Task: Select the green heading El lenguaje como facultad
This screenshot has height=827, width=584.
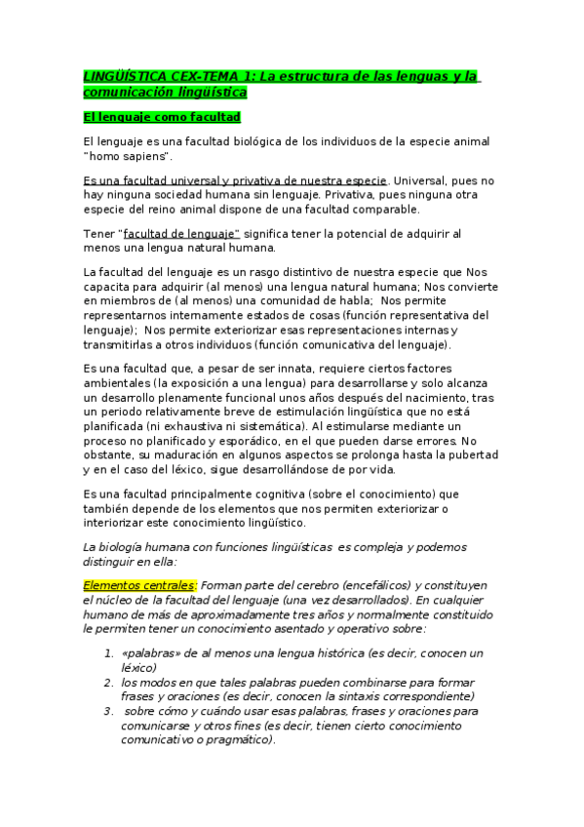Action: tap(162, 117)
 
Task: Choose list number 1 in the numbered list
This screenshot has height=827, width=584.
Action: tap(110, 652)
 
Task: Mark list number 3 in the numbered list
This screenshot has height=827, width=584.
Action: tap(110, 711)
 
